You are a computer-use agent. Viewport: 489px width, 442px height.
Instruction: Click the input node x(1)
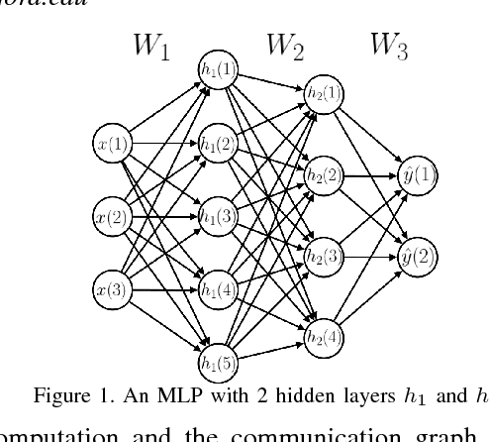(112, 144)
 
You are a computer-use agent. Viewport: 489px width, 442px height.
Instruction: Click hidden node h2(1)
(325, 93)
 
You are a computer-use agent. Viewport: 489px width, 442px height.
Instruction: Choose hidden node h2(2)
(325, 176)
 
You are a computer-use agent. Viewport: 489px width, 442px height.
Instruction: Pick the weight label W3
(389, 47)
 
